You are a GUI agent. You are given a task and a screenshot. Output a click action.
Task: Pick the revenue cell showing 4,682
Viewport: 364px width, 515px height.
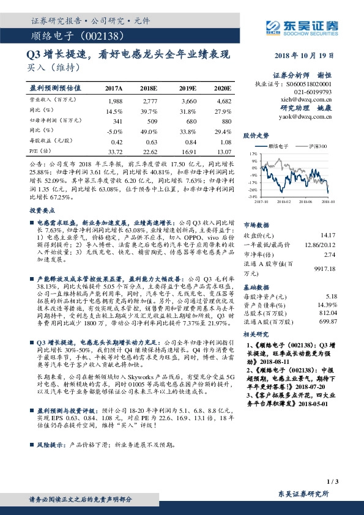tap(223, 100)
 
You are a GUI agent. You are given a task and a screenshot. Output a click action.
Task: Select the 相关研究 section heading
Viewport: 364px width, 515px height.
tap(256, 336)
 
